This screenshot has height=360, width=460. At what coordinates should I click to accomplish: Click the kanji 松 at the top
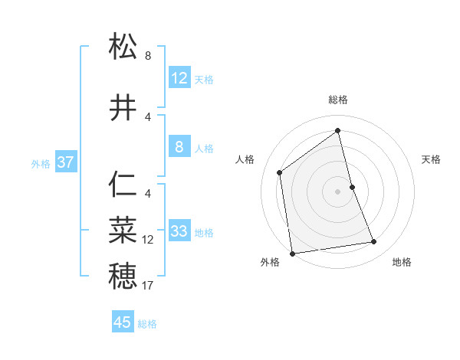(123, 47)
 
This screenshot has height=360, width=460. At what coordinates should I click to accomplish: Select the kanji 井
(123, 109)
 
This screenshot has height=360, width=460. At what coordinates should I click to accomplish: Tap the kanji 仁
(123, 185)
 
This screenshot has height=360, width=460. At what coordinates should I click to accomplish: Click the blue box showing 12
(179, 78)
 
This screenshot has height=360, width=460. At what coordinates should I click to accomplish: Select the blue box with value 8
(179, 147)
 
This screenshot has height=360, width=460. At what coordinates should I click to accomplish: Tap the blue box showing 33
(179, 231)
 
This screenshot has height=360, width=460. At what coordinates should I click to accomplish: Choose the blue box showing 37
(65, 162)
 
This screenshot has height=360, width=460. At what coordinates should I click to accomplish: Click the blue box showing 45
(123, 322)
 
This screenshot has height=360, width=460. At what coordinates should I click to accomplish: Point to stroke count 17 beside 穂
(148, 286)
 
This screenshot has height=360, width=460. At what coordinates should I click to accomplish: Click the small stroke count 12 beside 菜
(148, 240)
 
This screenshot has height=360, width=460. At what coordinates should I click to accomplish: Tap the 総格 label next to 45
(147, 324)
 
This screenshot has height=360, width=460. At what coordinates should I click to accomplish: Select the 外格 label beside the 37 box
(41, 163)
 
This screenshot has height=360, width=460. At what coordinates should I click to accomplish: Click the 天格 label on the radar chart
(431, 159)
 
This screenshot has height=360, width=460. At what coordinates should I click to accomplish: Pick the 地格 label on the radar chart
(402, 262)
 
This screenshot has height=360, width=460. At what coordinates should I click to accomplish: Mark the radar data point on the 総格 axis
(337, 131)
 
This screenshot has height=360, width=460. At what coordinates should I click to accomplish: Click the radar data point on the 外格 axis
(292, 253)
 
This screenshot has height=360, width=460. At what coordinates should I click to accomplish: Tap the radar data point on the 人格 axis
(280, 172)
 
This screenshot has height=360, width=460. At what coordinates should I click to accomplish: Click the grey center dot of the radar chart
(337, 191)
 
